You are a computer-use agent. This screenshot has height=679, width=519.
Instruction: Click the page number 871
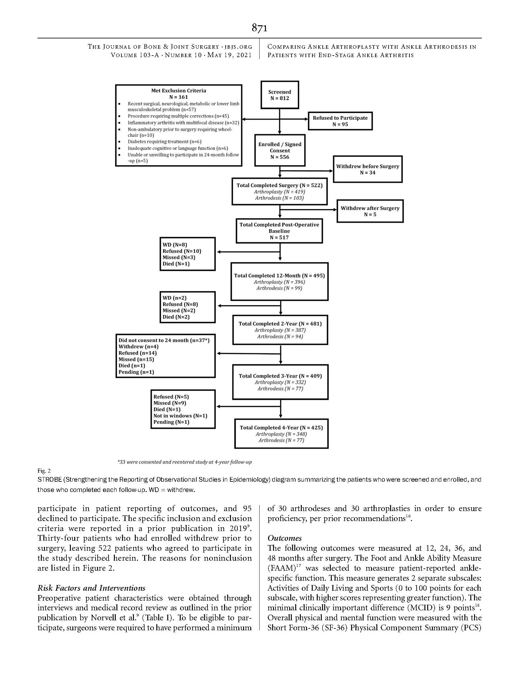(259, 28)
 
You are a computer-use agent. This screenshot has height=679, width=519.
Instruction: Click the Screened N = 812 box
(280, 95)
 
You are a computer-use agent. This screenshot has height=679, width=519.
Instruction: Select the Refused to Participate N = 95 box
(340, 121)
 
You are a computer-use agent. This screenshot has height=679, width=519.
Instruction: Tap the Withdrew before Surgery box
(367, 169)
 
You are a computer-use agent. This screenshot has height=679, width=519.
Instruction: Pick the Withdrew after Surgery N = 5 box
(370, 211)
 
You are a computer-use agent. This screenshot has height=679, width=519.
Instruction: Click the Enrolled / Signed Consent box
(280, 150)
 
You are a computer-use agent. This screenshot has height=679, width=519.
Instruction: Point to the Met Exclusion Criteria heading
(179, 91)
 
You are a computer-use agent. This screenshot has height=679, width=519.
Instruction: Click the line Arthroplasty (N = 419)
(279, 192)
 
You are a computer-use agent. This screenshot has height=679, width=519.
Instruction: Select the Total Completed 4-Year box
(281, 434)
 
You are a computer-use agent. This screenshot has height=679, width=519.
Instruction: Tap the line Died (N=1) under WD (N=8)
(176, 264)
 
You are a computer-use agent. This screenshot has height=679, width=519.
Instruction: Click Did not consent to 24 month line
(164, 340)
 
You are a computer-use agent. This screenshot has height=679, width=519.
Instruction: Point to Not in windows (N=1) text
(180, 416)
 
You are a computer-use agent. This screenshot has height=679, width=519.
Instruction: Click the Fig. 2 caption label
(44, 470)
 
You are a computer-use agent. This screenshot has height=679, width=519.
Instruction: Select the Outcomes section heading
(284, 538)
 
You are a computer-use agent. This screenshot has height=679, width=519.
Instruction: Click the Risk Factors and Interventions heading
(91, 588)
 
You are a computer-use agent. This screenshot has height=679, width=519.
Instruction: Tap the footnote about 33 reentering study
(184, 462)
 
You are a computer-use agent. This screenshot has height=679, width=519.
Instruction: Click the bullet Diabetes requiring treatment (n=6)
(164, 142)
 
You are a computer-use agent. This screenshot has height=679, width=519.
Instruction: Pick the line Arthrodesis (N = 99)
(279, 288)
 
